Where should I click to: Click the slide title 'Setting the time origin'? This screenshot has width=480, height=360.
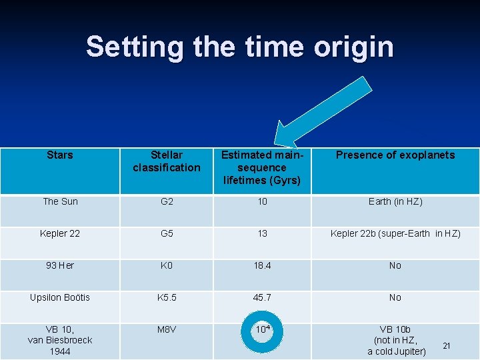click(239, 47)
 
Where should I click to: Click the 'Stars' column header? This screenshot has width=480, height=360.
click(60, 155)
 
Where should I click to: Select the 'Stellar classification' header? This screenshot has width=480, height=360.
click(166, 161)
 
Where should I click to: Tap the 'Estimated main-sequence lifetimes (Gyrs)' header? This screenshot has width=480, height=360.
click(262, 168)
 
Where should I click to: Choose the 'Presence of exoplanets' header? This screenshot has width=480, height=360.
click(395, 155)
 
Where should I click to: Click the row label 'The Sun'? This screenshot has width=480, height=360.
click(60, 201)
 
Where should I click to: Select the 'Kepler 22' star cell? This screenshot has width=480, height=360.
click(60, 233)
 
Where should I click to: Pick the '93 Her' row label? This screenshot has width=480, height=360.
click(60, 265)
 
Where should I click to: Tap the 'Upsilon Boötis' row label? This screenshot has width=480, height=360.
click(60, 297)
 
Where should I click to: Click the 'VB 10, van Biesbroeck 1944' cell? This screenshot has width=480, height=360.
click(60, 340)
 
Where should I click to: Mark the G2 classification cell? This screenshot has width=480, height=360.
click(166, 201)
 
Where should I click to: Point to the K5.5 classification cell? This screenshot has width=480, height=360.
click(166, 297)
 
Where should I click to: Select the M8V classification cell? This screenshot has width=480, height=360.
click(166, 329)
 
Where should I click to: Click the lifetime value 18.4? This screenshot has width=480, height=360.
click(262, 265)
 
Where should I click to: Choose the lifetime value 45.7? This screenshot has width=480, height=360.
click(262, 297)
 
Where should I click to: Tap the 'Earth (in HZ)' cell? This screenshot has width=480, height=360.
click(395, 201)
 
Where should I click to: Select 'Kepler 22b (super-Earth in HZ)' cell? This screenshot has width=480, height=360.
click(395, 233)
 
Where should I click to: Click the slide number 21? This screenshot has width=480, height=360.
click(447, 345)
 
